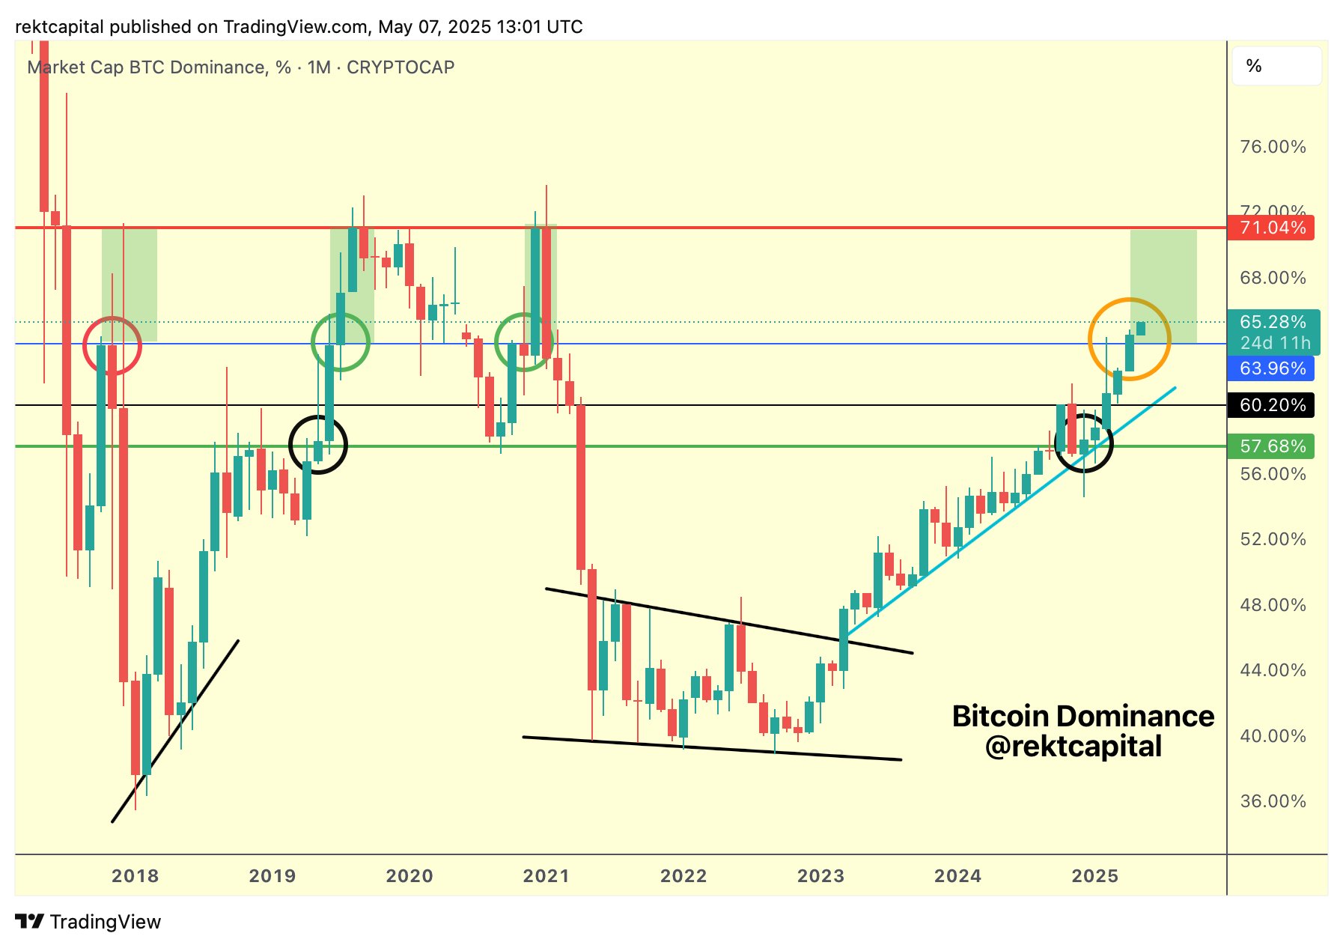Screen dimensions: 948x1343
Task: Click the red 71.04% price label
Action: (1271, 228)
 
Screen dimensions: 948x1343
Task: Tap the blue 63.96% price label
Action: (1271, 368)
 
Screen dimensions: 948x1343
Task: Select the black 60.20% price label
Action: (1271, 405)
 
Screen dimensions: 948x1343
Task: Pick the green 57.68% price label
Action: (1271, 446)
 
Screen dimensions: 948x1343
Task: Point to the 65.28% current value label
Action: (1273, 323)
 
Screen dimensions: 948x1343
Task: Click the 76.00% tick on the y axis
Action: (1273, 147)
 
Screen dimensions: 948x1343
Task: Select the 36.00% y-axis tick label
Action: (1273, 801)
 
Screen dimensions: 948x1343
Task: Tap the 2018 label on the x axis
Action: (135, 876)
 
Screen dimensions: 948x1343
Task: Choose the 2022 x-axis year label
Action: (683, 876)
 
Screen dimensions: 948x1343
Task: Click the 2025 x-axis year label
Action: (1095, 876)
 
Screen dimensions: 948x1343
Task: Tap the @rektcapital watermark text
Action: (1074, 747)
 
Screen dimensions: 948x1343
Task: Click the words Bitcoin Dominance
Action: (1082, 717)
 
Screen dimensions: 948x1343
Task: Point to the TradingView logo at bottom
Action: (88, 922)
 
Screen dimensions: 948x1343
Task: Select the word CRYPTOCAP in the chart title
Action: (401, 67)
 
